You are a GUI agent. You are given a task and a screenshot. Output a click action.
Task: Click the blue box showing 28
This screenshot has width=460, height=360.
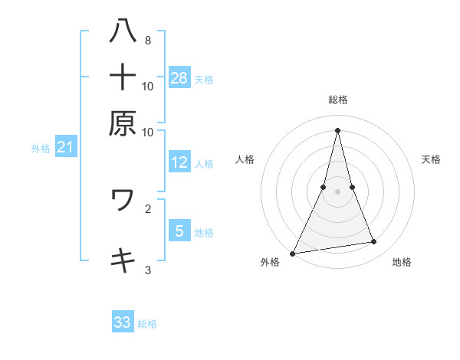pos(179,77)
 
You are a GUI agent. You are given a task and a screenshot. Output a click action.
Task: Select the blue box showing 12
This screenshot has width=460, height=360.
pos(179,162)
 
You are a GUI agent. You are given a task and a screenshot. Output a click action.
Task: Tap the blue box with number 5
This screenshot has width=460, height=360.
pos(179,231)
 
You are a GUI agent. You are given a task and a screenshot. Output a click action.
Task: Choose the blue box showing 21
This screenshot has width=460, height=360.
pos(64,147)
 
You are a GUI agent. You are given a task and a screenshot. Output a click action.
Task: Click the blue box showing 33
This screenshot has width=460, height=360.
pos(123,322)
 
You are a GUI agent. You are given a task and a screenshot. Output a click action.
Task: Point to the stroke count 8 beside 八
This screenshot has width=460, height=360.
pos(147,40)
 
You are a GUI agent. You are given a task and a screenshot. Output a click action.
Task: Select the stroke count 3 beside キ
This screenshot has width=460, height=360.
pos(147,270)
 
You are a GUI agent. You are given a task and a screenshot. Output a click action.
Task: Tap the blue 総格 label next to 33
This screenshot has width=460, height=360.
pos(147,324)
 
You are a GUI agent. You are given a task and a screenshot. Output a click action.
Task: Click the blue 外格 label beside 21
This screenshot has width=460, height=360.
pos(40,149)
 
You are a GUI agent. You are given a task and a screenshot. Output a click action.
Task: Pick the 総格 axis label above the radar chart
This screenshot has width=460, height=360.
pos(337,100)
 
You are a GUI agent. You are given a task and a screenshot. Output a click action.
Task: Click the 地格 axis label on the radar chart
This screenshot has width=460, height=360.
pos(402,262)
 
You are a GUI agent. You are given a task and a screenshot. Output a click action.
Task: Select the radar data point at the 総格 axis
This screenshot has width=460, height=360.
pos(337,129)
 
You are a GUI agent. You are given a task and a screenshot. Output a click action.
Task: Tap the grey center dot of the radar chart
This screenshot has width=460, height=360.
pos(337,191)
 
